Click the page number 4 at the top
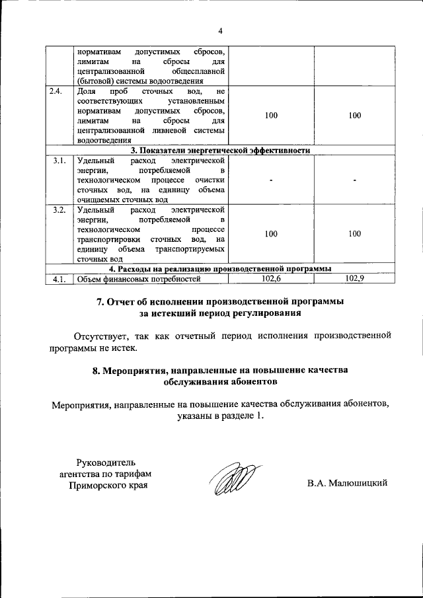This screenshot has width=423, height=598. click(x=221, y=30)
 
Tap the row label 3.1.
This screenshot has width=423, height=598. click(x=58, y=161)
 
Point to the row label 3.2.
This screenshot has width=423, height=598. click(x=58, y=210)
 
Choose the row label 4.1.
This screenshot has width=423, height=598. click(x=58, y=279)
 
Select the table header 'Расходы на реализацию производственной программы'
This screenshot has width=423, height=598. click(x=220, y=269)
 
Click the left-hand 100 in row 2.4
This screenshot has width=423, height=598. click(x=271, y=116)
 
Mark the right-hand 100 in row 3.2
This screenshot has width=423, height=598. click(x=355, y=234)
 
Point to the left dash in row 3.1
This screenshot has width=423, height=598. click(x=271, y=180)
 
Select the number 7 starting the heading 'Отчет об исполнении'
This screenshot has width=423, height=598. click(x=101, y=302)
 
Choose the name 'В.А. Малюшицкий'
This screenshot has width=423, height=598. click(x=346, y=483)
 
